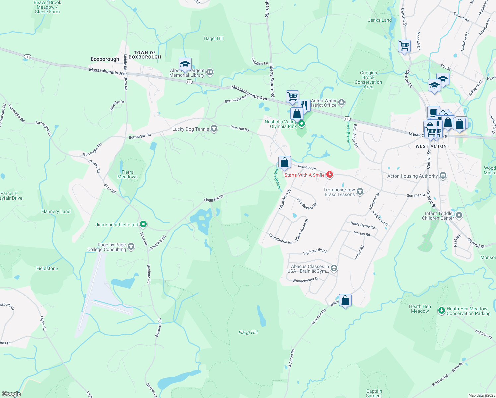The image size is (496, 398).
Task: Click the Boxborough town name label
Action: click(105, 59)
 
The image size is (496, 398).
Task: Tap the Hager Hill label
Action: click(214, 39)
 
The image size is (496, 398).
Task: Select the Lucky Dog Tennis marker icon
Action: click(214, 129)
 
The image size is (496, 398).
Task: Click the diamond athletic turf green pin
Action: click(143, 224)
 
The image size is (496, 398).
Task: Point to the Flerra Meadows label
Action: click(127, 174)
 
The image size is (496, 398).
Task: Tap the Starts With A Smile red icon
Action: click(329, 175)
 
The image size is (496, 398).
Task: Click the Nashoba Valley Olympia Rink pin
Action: click(302, 124)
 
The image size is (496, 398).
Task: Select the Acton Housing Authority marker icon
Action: click(443, 176)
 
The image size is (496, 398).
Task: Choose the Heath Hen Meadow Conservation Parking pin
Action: click(441, 311)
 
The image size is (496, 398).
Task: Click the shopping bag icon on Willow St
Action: click(345, 300)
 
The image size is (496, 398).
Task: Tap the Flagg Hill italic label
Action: click(248, 332)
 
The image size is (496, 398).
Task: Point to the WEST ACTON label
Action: click(431, 146)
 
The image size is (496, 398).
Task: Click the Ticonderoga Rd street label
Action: click(280, 239)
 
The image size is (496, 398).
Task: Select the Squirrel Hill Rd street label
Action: click(315, 252)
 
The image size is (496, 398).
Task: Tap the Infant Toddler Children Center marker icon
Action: click(459, 215)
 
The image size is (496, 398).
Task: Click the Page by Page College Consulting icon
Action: click(131, 247)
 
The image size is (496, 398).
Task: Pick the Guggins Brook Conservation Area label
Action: click(368, 80)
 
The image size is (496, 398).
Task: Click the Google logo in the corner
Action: click(11, 394)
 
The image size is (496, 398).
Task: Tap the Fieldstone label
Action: click(47, 268)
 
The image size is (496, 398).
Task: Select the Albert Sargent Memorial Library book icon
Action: click(210, 72)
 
